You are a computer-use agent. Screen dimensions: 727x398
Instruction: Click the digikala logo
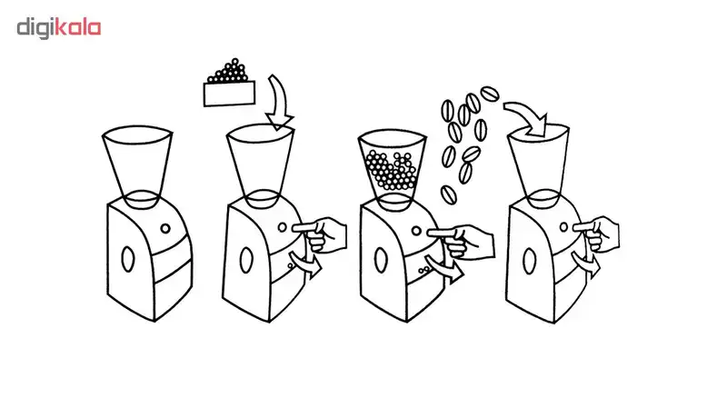coord(59,28)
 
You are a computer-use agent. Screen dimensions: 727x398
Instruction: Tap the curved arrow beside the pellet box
coord(279,103)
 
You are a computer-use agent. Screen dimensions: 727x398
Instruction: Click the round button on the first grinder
coord(165,228)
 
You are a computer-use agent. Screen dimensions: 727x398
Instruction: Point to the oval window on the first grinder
coord(127,259)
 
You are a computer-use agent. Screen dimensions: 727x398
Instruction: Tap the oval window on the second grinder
coord(246,260)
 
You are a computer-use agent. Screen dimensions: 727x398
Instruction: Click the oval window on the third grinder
coord(380,260)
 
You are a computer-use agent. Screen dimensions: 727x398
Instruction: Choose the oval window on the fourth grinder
coord(530,261)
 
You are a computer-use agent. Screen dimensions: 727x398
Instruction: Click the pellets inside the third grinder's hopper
coord(391,170)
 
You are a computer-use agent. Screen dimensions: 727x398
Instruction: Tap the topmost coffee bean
coord(490,94)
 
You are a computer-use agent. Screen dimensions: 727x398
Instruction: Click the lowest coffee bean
coord(448,194)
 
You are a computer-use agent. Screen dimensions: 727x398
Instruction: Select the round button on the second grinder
coord(283,227)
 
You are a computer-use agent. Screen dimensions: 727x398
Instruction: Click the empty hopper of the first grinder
coord(137,167)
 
